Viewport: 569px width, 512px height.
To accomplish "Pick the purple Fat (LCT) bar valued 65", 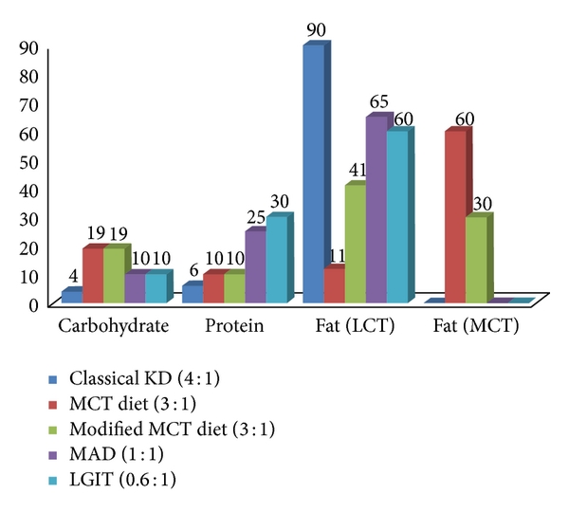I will [376, 210].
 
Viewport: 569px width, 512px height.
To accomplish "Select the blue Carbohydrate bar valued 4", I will [71, 296].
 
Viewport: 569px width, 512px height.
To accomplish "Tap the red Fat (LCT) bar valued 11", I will [334, 285].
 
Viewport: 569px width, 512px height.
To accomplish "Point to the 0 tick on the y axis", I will [33, 304].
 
